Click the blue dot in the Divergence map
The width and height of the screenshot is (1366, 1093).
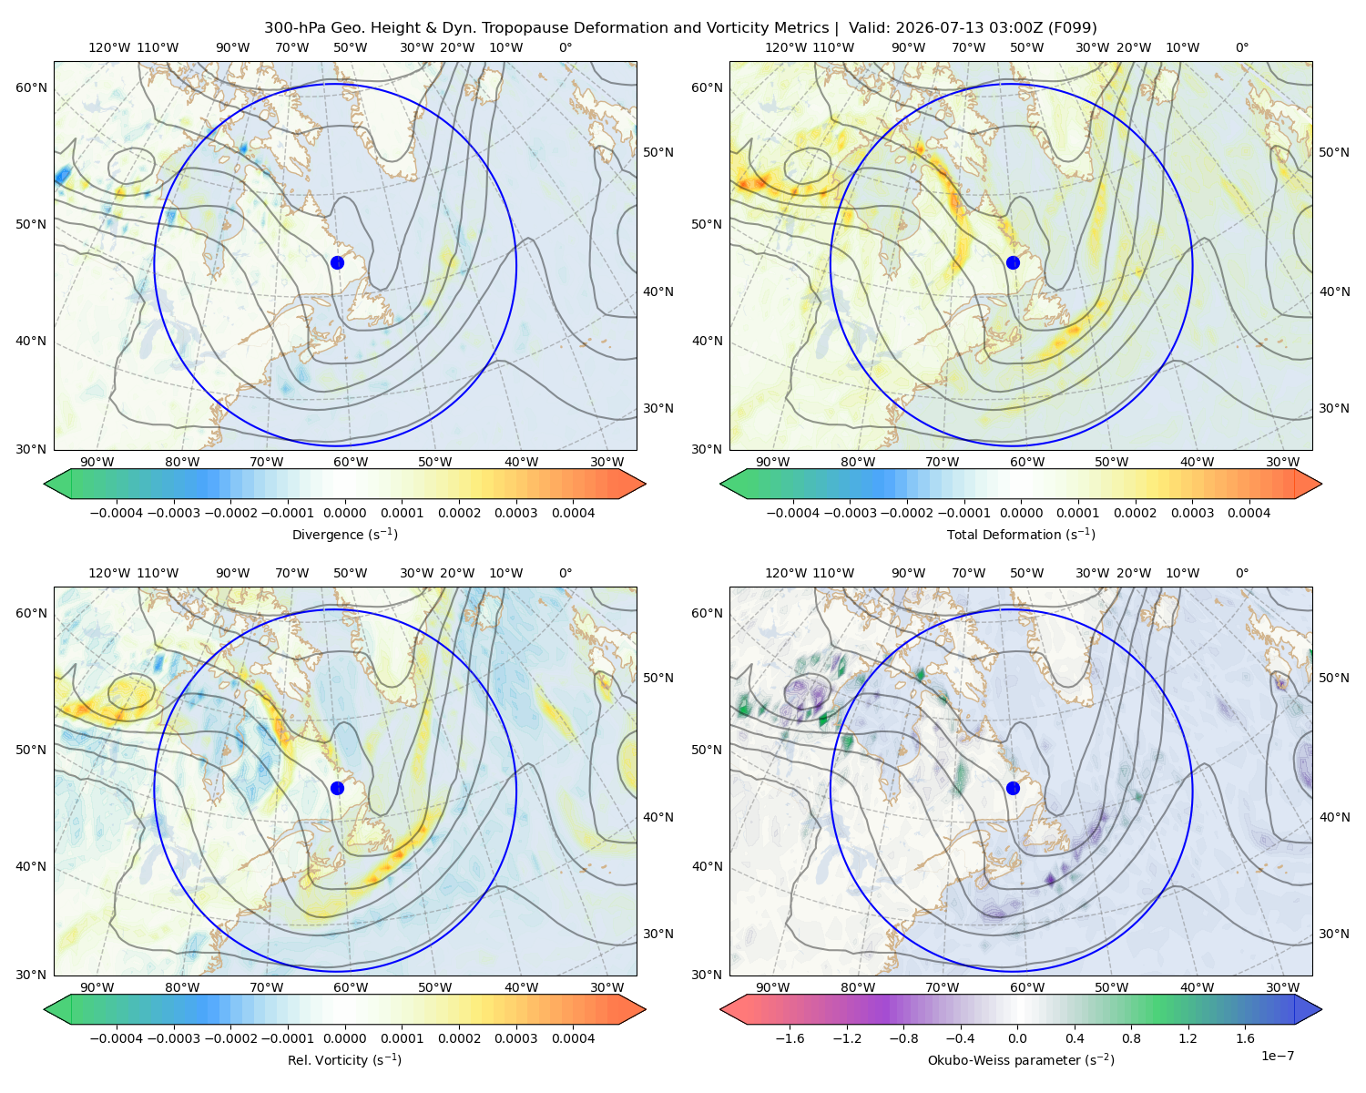(x=337, y=262)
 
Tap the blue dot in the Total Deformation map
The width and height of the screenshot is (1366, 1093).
(x=1013, y=262)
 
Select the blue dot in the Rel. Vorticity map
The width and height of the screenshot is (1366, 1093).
(x=337, y=788)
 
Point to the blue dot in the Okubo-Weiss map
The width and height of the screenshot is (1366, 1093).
(x=1013, y=788)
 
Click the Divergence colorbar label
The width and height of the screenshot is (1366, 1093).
(x=344, y=534)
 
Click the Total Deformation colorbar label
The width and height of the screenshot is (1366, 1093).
(x=1021, y=534)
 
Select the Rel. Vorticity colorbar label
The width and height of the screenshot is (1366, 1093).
(x=344, y=1059)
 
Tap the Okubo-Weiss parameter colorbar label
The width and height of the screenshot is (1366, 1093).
(x=1021, y=1059)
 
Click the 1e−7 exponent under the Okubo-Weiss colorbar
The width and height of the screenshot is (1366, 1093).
(x=1277, y=1056)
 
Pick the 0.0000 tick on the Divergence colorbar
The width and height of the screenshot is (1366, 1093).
(x=344, y=513)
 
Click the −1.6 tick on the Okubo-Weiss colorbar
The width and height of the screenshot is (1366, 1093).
(x=790, y=1038)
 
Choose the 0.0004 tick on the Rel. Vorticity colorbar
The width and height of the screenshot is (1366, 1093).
(x=573, y=1038)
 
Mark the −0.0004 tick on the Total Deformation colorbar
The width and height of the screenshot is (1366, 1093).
(x=793, y=513)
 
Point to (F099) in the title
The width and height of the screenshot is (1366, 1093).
(x=1073, y=28)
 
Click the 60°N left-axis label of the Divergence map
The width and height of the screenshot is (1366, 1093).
(x=31, y=87)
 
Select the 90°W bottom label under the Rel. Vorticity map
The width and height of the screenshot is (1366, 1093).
(x=97, y=987)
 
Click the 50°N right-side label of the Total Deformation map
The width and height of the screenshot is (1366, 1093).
(x=1334, y=152)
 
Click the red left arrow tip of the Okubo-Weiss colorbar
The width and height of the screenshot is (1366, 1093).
(x=721, y=1009)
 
